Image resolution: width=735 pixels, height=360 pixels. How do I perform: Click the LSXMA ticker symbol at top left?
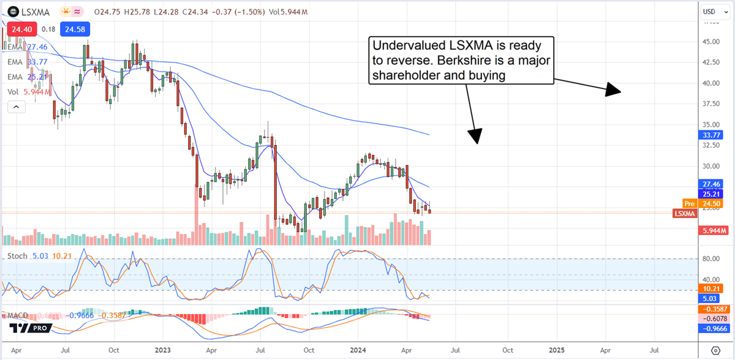tap(32, 11)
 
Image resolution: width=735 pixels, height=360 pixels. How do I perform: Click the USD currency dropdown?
tap(710, 11)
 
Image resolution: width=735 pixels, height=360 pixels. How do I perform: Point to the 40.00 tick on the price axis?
tap(710, 83)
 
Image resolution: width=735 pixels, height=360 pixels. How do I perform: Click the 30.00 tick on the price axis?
tap(710, 166)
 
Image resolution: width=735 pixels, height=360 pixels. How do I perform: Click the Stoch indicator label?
tap(17, 256)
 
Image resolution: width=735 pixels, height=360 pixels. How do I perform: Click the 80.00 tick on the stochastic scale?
tap(710, 259)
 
